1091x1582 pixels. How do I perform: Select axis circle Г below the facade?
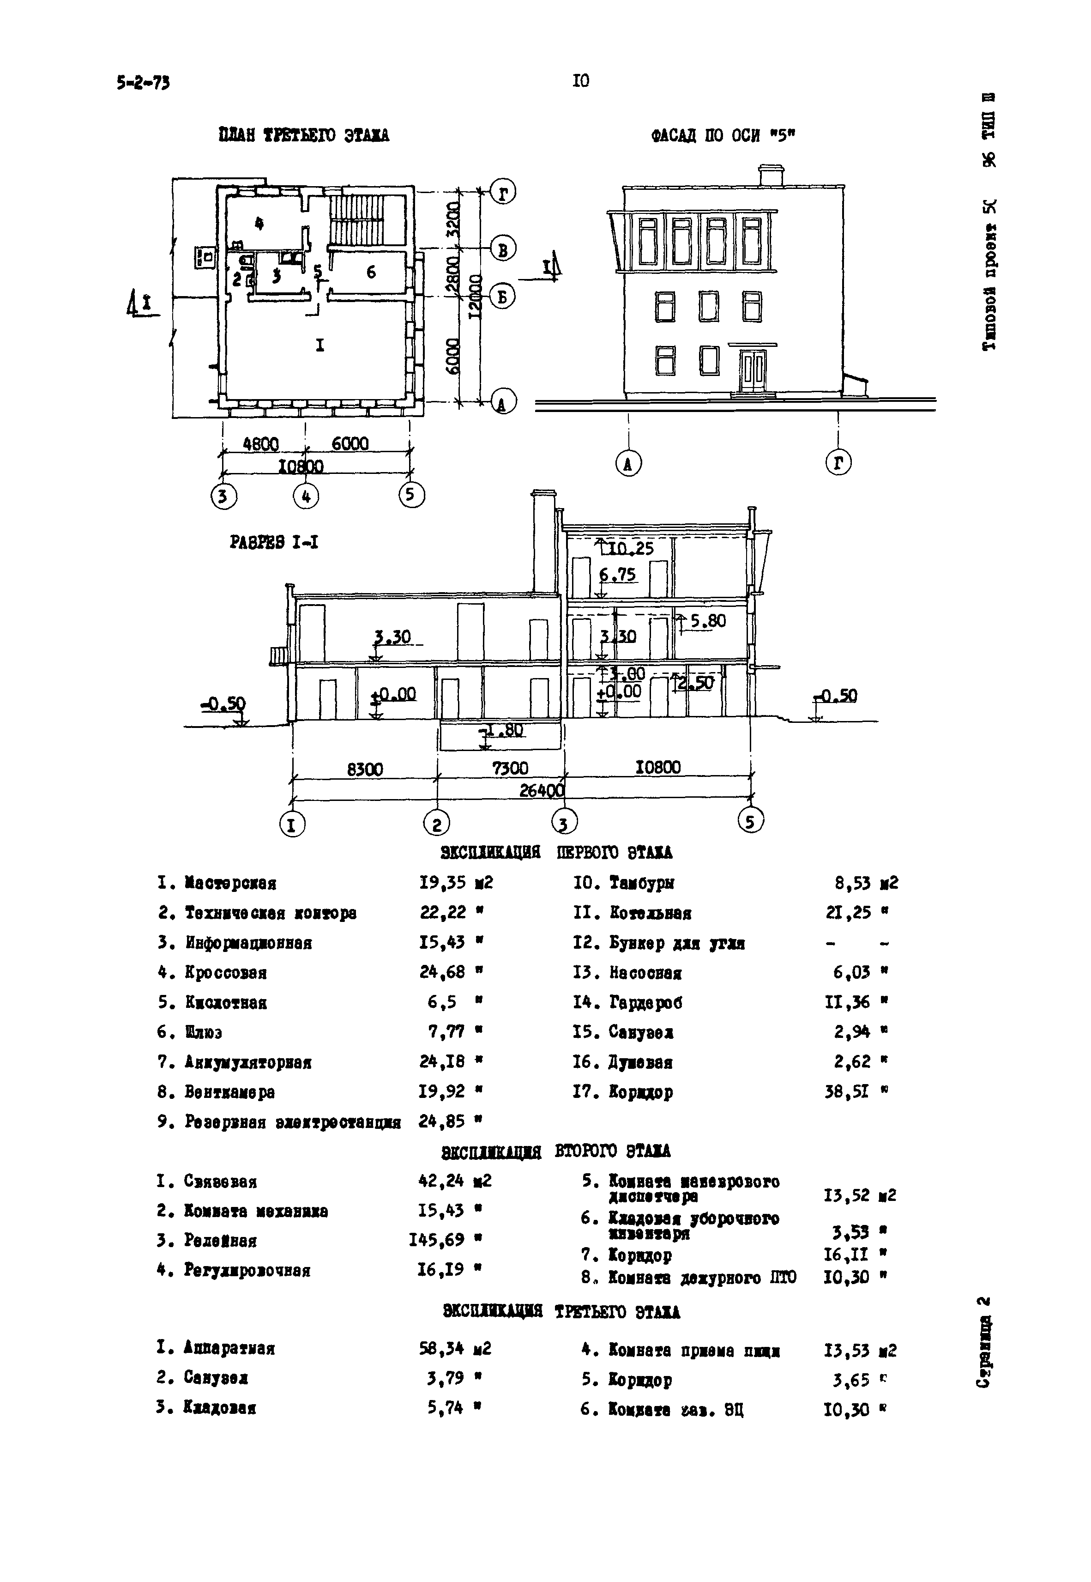pos(838,464)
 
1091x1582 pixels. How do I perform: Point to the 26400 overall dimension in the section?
pos(542,790)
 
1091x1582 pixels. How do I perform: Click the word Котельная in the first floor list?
pos(650,913)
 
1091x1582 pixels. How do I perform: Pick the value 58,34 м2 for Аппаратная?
pos(455,1349)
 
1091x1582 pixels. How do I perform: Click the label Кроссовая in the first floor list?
pos(226,973)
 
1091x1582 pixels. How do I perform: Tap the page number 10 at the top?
pos(580,81)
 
